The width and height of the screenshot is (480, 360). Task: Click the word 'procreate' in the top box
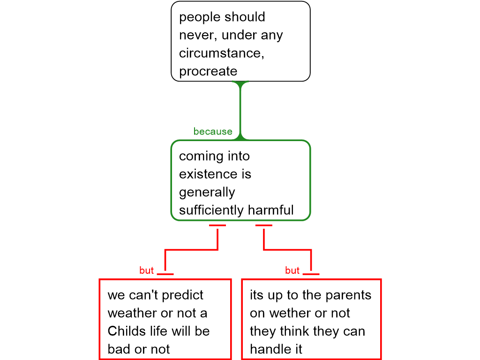pyautogui.click(x=208, y=72)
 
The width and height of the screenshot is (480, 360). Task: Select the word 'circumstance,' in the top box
pyautogui.click(x=222, y=53)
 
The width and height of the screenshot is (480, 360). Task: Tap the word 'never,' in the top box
pyautogui.click(x=198, y=35)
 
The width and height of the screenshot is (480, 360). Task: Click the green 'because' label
pyautogui.click(x=213, y=131)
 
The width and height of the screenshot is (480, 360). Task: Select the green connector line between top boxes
pyautogui.click(x=240, y=111)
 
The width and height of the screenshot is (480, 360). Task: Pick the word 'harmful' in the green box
pyautogui.click(x=270, y=210)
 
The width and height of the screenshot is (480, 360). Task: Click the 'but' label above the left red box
pyautogui.click(x=146, y=270)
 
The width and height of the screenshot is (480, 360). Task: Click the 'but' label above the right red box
pyautogui.click(x=292, y=270)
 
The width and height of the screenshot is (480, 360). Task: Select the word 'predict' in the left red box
pyautogui.click(x=182, y=295)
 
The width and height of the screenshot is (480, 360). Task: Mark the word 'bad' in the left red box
pyautogui.click(x=119, y=349)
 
